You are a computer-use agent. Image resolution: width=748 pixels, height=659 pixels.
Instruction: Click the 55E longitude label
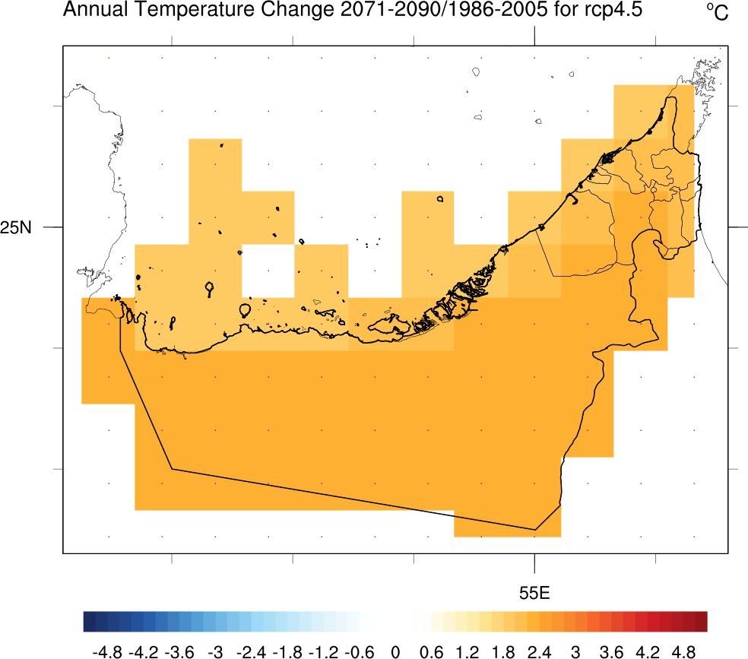(534, 593)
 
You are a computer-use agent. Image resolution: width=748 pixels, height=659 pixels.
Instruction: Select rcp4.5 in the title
(613, 10)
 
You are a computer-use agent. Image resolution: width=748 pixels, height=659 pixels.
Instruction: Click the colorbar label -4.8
(106, 651)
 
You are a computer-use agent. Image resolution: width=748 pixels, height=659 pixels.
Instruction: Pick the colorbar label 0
(395, 651)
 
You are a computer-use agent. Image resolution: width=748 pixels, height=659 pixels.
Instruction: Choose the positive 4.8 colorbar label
(683, 651)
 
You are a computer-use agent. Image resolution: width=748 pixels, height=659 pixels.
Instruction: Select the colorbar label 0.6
(431, 651)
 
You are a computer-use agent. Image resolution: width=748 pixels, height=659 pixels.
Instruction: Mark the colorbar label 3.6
(611, 651)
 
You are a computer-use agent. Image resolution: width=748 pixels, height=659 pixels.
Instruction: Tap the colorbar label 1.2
(467, 651)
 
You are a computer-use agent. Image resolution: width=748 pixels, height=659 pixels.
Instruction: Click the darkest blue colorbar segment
(90, 621)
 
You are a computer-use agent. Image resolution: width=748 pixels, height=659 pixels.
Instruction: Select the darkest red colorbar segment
(701, 621)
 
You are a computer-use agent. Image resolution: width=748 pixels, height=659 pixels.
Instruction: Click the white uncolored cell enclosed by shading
(268, 271)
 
